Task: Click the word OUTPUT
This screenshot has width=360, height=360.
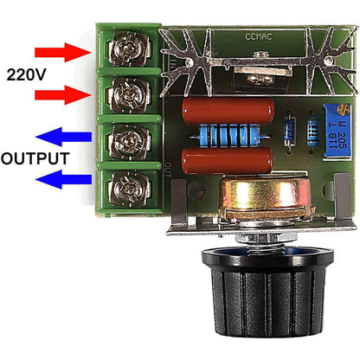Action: (35, 159)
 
